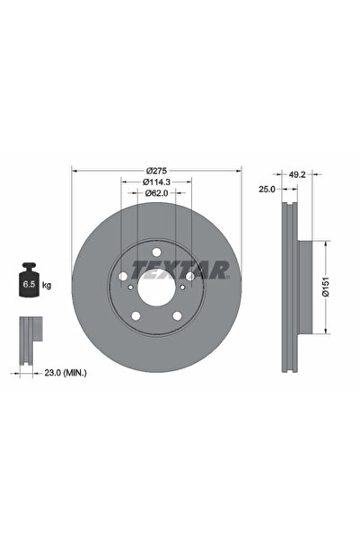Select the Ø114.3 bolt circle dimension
[x=156, y=181]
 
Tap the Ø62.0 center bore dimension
[x=156, y=195]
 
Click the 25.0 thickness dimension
[x=267, y=189]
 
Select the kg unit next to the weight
[x=47, y=285]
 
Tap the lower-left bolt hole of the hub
[x=135, y=315]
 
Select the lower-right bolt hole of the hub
[x=178, y=315]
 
